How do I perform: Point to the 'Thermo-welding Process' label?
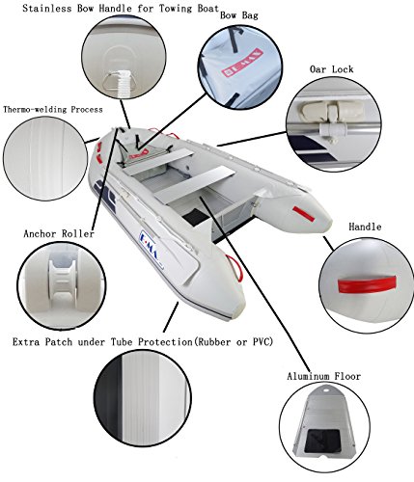[x=53, y=109]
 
